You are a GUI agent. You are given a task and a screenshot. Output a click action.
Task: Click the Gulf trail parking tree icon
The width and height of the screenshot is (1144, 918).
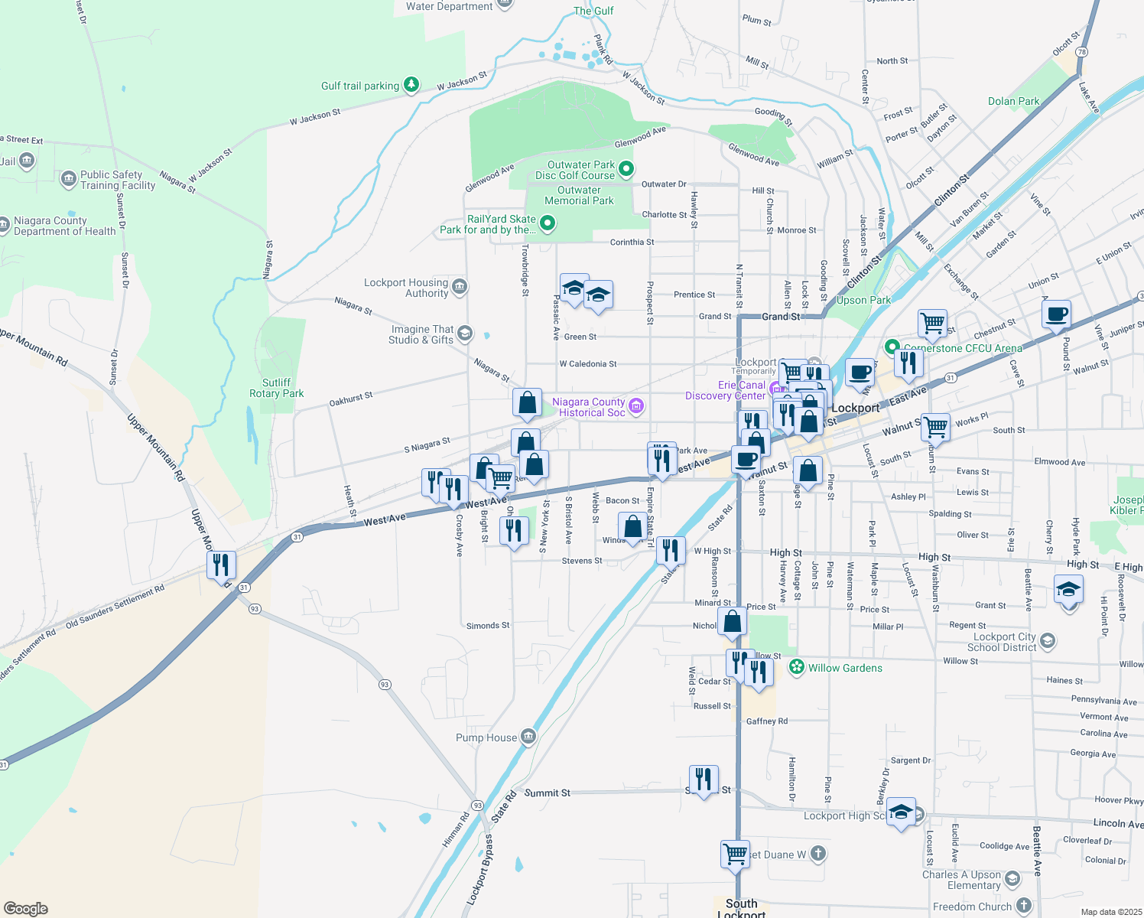click(x=411, y=84)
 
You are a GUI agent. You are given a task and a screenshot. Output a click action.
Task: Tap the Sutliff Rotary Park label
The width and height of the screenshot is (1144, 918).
click(x=276, y=388)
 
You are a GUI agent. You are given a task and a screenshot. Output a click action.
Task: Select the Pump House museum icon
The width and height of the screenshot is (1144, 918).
click(x=528, y=737)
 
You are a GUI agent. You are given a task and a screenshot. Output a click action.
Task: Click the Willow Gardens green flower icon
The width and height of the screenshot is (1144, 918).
click(x=797, y=667)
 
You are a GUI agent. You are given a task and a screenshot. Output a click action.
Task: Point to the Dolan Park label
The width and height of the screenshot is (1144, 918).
click(x=1013, y=101)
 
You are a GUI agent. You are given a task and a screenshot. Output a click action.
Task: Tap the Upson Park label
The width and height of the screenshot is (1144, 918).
click(x=863, y=300)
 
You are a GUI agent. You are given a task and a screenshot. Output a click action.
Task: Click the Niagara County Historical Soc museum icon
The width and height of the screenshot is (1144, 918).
click(x=635, y=405)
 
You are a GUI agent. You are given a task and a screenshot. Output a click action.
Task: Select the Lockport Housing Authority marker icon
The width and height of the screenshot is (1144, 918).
click(x=459, y=287)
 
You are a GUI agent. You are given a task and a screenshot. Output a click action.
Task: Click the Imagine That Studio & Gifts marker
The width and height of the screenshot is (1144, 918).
click(x=465, y=334)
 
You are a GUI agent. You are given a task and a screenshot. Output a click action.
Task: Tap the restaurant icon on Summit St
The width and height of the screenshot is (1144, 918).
click(x=704, y=780)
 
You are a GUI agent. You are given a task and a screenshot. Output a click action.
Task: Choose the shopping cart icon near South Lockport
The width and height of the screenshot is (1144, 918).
click(x=735, y=853)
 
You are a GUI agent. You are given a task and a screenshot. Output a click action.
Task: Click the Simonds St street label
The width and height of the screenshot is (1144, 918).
click(x=488, y=626)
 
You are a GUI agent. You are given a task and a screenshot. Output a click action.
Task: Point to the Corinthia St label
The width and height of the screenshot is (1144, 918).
click(x=632, y=243)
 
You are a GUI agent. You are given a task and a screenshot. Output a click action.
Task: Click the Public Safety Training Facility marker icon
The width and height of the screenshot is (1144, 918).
click(x=68, y=179)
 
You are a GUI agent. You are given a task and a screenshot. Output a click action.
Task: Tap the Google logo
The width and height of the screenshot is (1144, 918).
click(x=26, y=908)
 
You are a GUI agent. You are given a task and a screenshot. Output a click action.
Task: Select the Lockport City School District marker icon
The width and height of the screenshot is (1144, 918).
click(x=1048, y=640)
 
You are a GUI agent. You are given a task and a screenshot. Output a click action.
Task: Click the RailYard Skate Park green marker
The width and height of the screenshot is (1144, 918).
click(x=547, y=223)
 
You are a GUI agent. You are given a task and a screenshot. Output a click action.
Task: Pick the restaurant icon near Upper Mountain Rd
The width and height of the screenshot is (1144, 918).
click(x=221, y=566)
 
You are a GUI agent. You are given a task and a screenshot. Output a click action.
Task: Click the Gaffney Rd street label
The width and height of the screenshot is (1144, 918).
click(x=766, y=721)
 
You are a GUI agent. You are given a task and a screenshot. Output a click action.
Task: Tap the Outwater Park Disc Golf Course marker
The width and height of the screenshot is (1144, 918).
click(x=626, y=168)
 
